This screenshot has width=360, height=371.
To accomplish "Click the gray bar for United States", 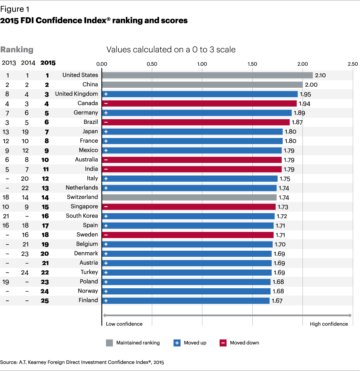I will coord(207,75).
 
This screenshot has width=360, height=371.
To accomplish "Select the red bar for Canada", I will coord(199,103).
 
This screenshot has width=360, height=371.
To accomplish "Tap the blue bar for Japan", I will coord(192,132).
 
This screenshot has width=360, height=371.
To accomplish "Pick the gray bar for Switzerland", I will coord(189,197).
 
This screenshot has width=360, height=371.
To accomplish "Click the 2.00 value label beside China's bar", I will coord(311,85).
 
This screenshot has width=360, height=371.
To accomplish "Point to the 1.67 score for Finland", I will coord(277,301).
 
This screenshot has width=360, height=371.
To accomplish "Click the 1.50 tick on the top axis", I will coord(252,64).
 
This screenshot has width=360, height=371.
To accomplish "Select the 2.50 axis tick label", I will coord(353,64).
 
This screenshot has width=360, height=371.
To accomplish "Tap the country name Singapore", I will coord(84,206).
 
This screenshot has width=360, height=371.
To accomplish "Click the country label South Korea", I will coord(82,216).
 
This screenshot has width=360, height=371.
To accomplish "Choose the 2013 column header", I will coord(9,63).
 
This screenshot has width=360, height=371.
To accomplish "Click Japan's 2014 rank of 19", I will coord(25,132).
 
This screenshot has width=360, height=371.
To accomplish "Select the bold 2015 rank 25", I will coord(45,301).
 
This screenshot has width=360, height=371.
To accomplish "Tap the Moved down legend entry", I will coord(244,343).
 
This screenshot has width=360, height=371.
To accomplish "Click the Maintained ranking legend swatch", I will coord(110,343).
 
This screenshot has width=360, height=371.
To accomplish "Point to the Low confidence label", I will coord(124,324).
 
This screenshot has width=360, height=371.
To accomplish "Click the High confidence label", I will coord(329,324).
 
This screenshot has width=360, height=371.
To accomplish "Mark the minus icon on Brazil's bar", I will coord(106,122).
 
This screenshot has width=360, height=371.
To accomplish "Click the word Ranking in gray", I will coord(17,50).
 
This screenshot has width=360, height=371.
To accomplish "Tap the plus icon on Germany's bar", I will coord(106,113).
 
